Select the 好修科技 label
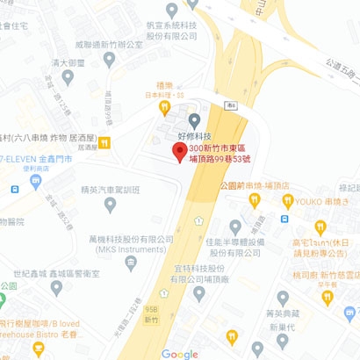tap(194, 136)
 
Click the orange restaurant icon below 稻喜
tap(163, 107)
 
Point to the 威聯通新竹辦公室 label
tap(110, 41)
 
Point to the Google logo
tap(180, 353)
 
